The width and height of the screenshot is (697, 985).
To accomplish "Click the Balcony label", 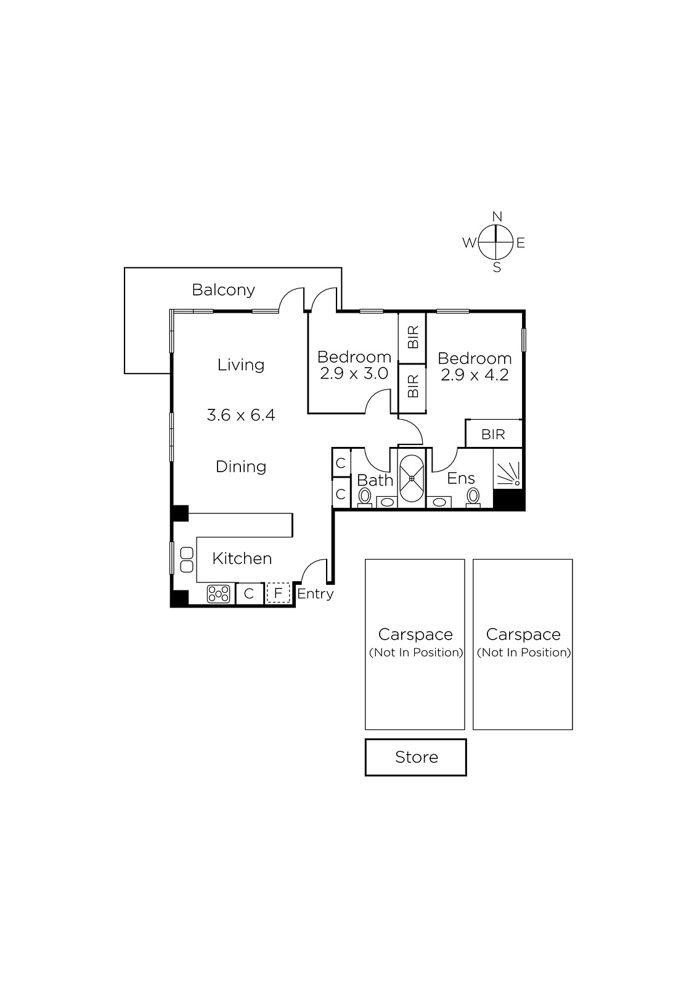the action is point(223,290).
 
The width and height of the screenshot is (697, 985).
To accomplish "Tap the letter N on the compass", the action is point(497,216).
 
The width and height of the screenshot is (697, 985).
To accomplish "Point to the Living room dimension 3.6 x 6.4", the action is point(241,415).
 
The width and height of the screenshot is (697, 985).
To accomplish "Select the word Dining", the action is point(241,467).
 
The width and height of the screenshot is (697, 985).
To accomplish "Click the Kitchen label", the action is point(242,558).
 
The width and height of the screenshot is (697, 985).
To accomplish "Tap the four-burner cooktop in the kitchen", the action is point(218,593).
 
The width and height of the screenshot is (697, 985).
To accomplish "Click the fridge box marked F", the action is point(278,593).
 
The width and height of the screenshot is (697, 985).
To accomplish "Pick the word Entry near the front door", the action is point(316,594).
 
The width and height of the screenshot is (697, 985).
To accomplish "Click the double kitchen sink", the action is point(187,560).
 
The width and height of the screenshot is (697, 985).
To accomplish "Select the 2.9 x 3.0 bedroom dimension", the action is point(354,374).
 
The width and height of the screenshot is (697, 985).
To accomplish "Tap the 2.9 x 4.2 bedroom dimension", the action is point(475,375).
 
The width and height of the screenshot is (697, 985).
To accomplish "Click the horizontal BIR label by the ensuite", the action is point(493,435).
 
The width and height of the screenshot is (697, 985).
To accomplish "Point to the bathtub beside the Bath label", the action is point(412,478).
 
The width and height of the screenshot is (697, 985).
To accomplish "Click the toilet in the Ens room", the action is point(473,497).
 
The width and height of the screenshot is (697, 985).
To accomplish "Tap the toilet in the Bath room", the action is point(364,497).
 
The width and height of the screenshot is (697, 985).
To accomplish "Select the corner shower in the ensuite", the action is point(508,468).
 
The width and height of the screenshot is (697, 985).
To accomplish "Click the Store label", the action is point(417,757).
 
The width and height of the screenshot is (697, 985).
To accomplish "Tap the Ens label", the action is point(461,478).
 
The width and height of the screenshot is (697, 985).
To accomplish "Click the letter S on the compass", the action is point(497,267).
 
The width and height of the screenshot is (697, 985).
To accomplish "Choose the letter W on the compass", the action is point(470,243).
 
